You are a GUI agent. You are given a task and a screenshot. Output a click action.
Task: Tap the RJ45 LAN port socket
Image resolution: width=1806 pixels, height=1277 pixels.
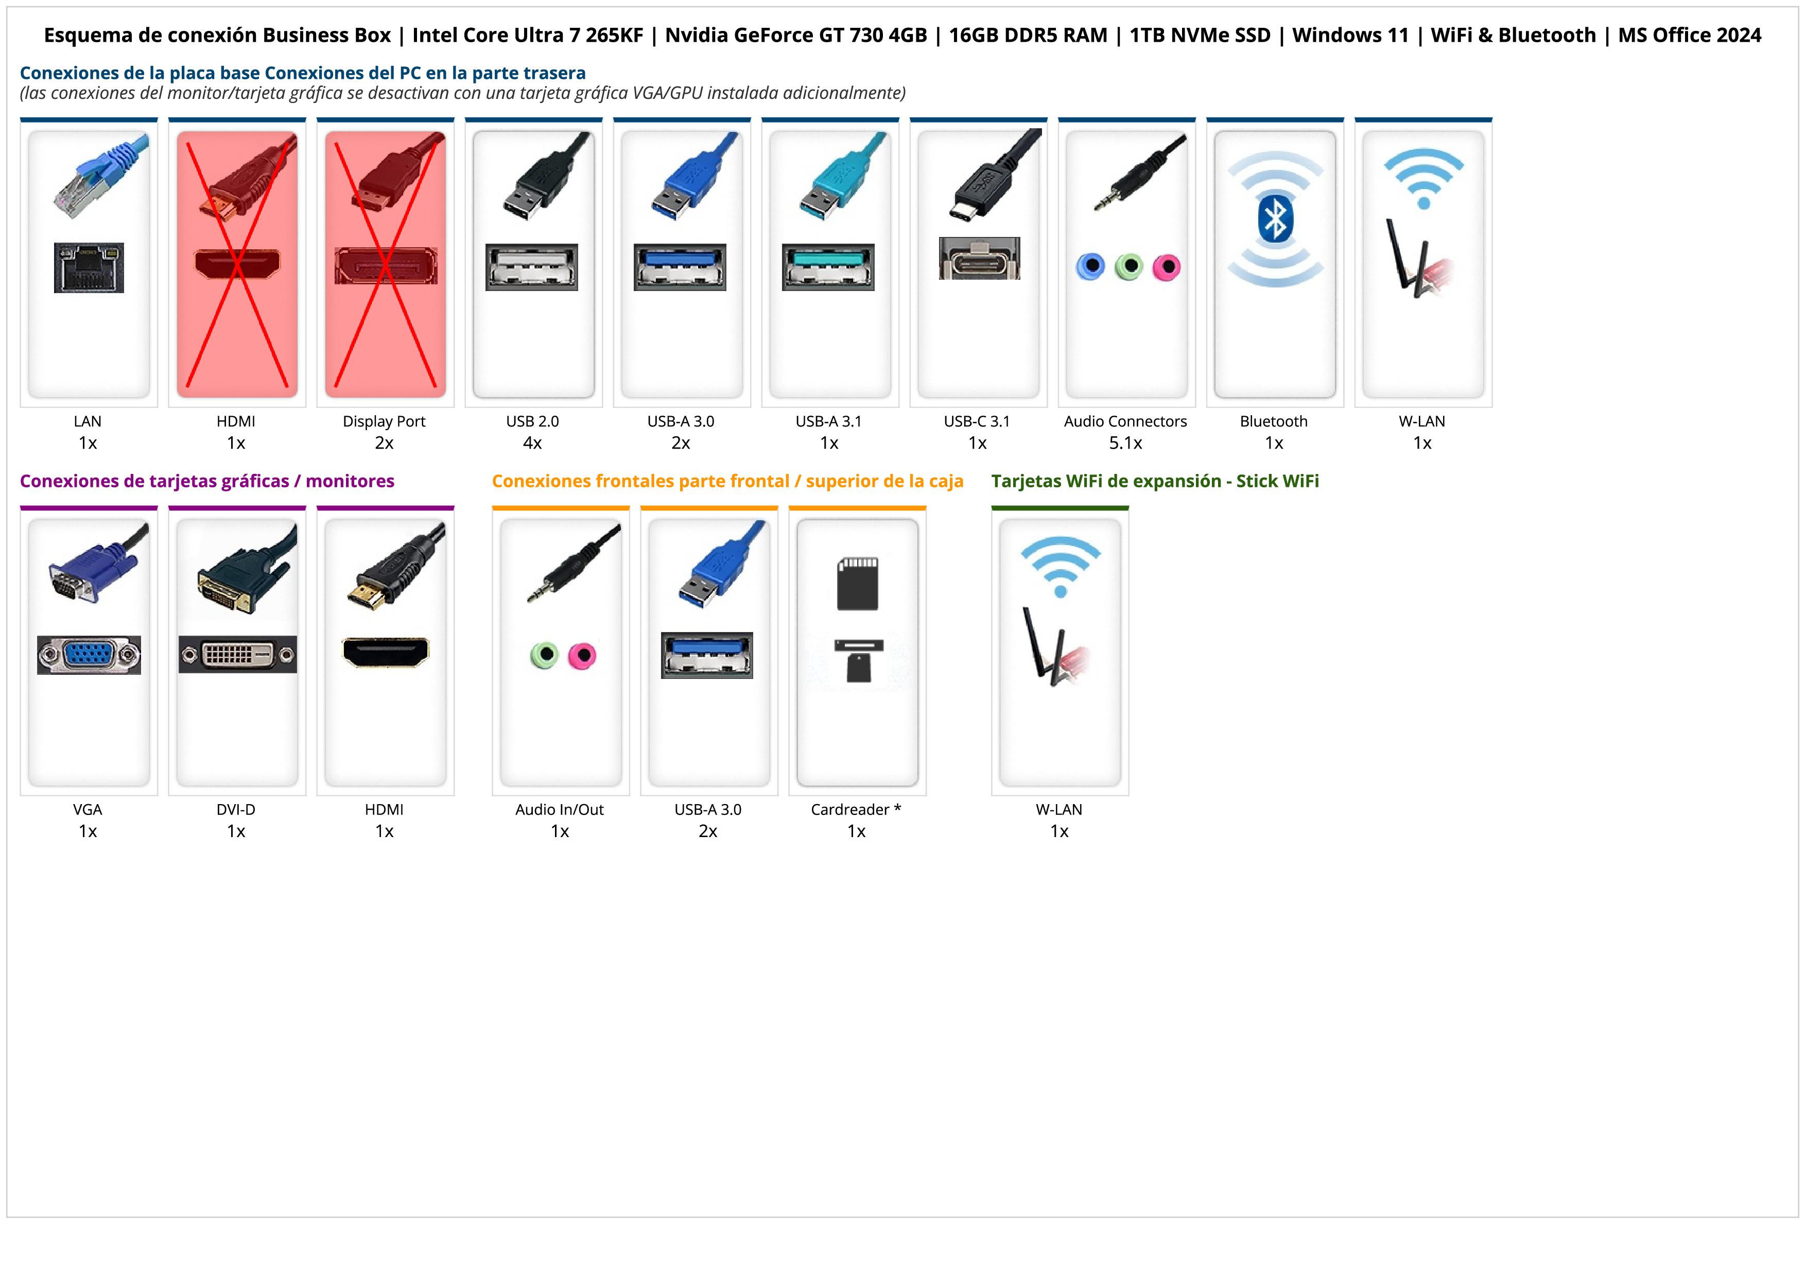coord(89,268)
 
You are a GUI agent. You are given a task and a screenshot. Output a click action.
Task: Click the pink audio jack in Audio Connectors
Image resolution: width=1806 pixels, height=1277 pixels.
coord(1167,267)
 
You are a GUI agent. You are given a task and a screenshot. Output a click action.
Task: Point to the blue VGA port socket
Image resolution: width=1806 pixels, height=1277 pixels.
coord(89,655)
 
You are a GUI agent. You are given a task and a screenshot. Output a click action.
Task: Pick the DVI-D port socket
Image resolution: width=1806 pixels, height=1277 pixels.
coord(237,655)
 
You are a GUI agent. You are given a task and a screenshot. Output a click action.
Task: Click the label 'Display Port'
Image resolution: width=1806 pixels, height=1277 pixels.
coord(384,422)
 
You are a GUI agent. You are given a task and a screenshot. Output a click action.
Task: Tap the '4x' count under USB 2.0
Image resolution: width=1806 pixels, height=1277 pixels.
coord(532,443)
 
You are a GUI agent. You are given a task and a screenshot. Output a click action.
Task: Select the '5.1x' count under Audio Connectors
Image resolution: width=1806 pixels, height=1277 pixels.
coord(1125,443)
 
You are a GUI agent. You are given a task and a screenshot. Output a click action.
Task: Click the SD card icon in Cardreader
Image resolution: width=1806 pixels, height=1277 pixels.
coord(857,584)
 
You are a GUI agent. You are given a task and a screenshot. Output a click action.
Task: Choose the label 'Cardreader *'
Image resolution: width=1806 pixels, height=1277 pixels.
coord(856,810)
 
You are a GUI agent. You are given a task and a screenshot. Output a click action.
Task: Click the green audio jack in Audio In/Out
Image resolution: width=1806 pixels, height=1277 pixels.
coord(544,655)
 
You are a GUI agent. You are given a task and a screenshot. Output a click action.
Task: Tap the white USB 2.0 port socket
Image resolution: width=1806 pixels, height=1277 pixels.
coord(532,267)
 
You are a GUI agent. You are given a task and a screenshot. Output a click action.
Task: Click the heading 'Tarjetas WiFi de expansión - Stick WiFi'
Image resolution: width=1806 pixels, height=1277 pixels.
coord(1155,482)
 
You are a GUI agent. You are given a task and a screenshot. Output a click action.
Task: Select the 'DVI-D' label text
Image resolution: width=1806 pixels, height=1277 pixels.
coord(236,810)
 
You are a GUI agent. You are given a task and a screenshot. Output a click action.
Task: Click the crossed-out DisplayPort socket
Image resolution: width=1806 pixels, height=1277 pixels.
coord(386,266)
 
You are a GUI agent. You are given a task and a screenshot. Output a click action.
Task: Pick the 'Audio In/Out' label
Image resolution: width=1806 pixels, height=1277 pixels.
coord(559,810)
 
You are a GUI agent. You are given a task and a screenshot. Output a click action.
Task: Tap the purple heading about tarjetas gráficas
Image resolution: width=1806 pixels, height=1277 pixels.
coord(207,482)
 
